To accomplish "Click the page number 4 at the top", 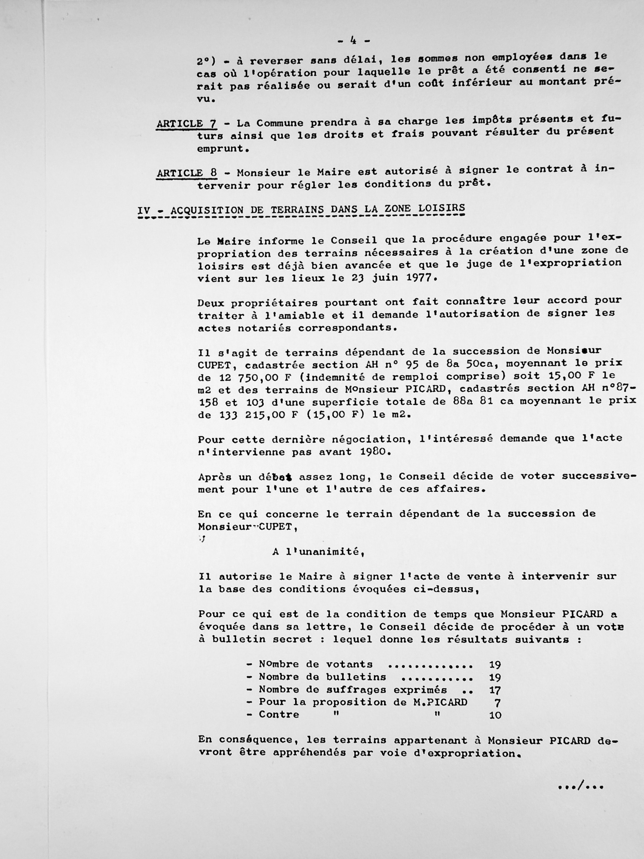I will (353, 40).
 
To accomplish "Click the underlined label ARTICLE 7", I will (186, 124).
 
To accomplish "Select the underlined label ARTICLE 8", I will (186, 173).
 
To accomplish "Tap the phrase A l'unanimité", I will (318, 551).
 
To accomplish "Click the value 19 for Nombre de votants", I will (495, 664).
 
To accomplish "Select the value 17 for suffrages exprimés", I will (495, 690).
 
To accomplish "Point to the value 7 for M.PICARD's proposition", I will (498, 703).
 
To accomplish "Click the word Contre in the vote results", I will (279, 715).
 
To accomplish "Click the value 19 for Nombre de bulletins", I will (495, 678).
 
